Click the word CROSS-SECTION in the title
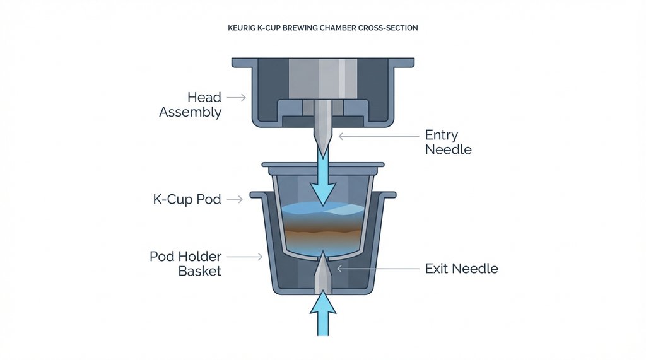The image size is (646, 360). click(390, 29)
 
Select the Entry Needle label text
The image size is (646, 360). click(447, 142)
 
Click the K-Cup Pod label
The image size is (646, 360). click(187, 199)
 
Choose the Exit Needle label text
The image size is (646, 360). click(461, 269)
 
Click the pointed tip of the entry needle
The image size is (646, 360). click(323, 157)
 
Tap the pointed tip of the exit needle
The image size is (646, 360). click(323, 253)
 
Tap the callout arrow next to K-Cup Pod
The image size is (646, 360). click(234, 199)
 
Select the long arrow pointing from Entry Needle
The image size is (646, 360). click(379, 135)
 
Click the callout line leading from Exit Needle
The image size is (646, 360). click(379, 269)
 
